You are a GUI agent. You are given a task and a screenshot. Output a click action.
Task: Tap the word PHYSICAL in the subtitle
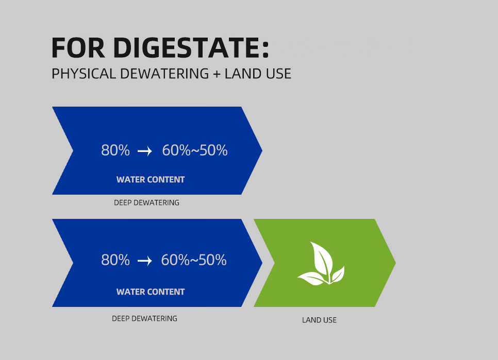84,74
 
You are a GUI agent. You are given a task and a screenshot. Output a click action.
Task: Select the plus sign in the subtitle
217,74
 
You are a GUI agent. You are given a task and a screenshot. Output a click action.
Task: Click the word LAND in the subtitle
244,74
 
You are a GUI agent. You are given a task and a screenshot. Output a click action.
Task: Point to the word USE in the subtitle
279,74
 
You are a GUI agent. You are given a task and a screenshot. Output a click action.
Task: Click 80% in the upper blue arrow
115,150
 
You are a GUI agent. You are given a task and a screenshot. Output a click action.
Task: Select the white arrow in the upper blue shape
145,151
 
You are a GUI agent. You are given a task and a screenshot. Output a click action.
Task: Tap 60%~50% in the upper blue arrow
195,150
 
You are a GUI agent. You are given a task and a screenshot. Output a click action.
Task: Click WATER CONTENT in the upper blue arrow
151,180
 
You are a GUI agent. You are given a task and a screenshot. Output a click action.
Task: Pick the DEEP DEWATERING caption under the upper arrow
146,203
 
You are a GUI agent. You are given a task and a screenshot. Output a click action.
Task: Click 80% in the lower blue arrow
115,260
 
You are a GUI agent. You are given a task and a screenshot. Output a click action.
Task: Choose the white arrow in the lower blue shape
145,261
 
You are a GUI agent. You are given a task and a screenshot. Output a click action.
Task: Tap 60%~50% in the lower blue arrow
194,260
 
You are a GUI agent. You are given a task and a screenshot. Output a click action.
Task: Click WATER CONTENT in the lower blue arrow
151,292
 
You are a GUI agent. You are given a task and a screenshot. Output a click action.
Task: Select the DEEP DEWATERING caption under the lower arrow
144,318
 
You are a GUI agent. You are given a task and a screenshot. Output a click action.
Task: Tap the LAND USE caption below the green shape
319,320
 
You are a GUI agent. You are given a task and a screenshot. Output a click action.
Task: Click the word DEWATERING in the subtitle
164,74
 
